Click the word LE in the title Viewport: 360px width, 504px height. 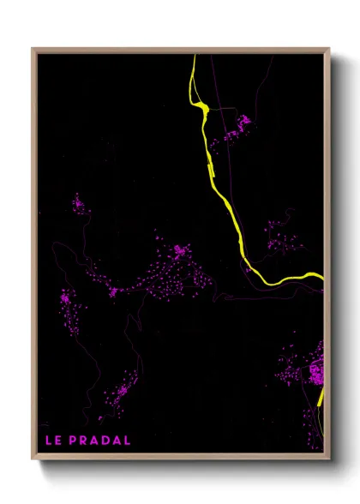(x=53, y=441)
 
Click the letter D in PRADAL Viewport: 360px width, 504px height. (x=107, y=441)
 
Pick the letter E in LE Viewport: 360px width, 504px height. (x=58, y=441)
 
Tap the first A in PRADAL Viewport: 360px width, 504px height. (x=96, y=441)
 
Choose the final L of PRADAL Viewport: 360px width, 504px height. (x=128, y=441)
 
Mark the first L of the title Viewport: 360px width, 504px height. (x=48, y=441)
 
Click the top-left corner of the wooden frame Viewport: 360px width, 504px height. (x=33, y=50)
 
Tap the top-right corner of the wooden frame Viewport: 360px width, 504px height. (x=328, y=50)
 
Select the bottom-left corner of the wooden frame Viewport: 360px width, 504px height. (x=33, y=459)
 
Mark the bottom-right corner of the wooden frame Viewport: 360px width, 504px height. (x=328, y=459)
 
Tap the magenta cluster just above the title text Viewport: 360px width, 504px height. (x=118, y=393)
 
